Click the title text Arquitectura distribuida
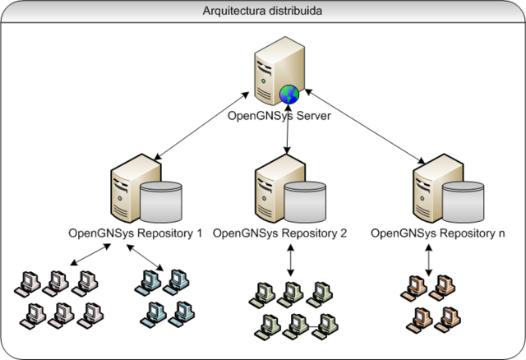pyautogui.click(x=264, y=12)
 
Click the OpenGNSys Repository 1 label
pyautogui.click(x=136, y=233)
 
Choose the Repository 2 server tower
pyautogui.click(x=271, y=185)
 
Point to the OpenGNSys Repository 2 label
pyautogui.click(x=280, y=233)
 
